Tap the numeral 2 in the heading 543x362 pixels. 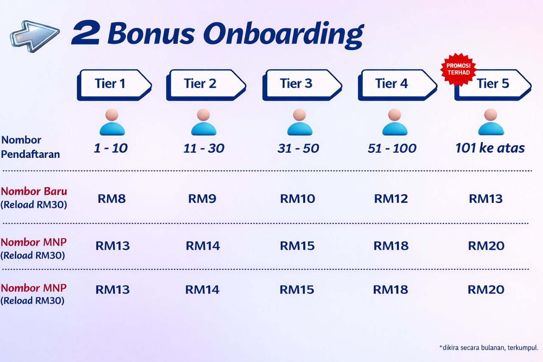(86, 34)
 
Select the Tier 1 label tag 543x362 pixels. (113, 84)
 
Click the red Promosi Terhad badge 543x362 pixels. (458, 69)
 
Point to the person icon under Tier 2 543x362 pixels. (204, 122)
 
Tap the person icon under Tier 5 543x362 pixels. (491, 122)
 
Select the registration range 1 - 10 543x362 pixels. (111, 148)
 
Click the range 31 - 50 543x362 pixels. (298, 148)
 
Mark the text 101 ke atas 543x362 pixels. (490, 148)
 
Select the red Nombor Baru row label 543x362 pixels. (34, 191)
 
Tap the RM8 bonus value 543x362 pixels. (112, 199)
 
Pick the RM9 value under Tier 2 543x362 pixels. (202, 199)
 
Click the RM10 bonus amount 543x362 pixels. (297, 199)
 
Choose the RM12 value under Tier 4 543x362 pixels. (391, 199)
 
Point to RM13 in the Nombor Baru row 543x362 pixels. (486, 199)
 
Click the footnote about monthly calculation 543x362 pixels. (489, 348)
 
